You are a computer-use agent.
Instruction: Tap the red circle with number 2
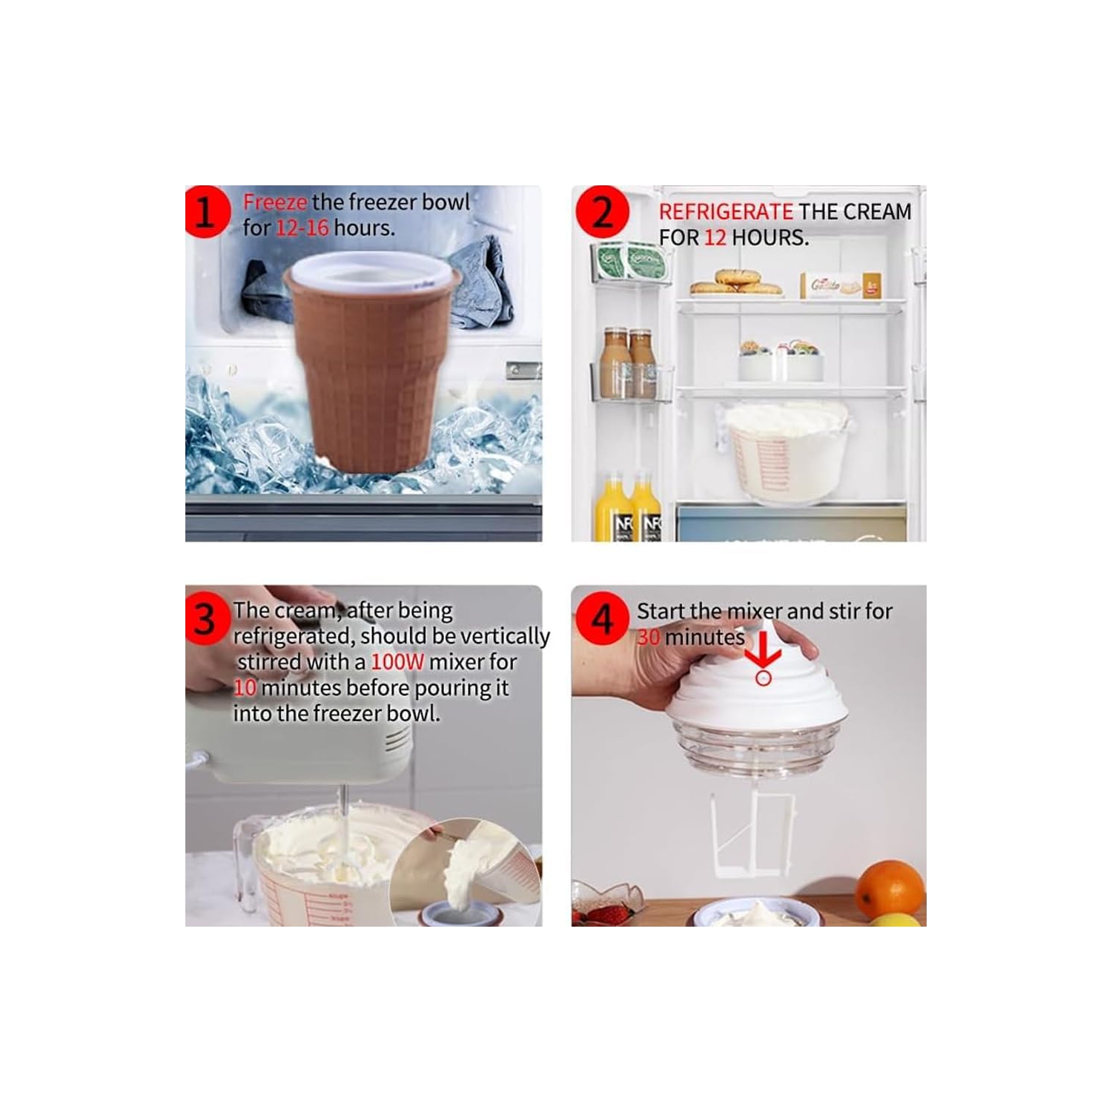point(602,213)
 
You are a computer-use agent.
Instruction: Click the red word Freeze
point(274,202)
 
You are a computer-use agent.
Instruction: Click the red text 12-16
point(302,228)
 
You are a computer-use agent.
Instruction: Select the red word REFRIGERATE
point(725,212)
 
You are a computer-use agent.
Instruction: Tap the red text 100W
point(397,662)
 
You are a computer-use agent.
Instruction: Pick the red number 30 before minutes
point(649,638)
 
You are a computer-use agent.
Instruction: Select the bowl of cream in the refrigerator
point(786,452)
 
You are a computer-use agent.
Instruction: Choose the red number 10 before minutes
point(245,688)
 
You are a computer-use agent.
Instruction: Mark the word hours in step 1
point(364,228)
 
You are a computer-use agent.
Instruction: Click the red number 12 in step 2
point(715,238)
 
